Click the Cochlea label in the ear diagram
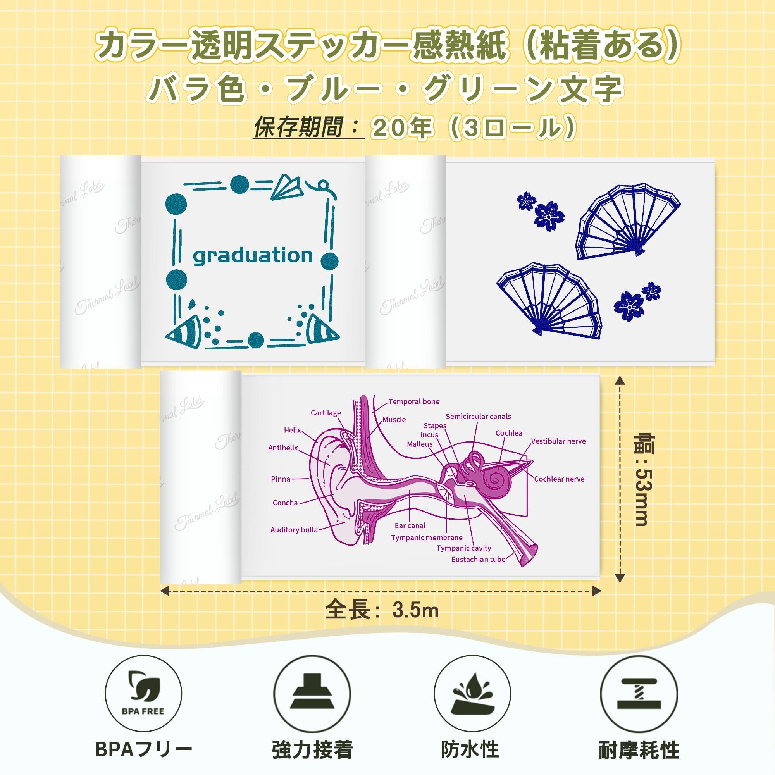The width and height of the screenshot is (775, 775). [509, 433]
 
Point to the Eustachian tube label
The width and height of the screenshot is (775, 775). [478, 559]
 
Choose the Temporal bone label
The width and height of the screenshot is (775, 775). [413, 401]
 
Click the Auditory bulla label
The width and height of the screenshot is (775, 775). [294, 530]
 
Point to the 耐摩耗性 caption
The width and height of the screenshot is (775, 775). [639, 749]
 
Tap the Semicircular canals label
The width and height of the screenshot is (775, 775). [478, 417]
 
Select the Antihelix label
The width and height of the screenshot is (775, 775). [283, 448]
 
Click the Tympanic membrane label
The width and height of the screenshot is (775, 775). [427, 537]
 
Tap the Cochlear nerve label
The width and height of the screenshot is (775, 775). [559, 479]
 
